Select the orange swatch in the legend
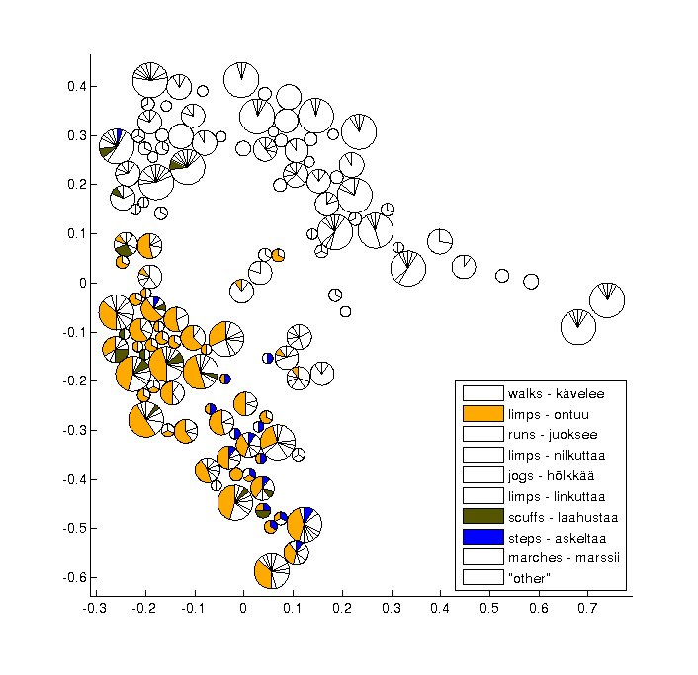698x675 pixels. pos(483,414)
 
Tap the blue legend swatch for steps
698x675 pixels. pos(483,536)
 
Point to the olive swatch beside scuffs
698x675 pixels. pos(483,515)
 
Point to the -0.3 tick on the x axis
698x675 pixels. pos(94,608)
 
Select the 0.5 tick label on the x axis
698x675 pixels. pos(489,608)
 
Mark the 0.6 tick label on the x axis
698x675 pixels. pos(539,608)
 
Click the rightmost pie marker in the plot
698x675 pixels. pos(607,300)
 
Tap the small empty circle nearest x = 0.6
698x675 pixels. pos(531,281)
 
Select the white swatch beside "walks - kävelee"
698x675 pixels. pos(483,393)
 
